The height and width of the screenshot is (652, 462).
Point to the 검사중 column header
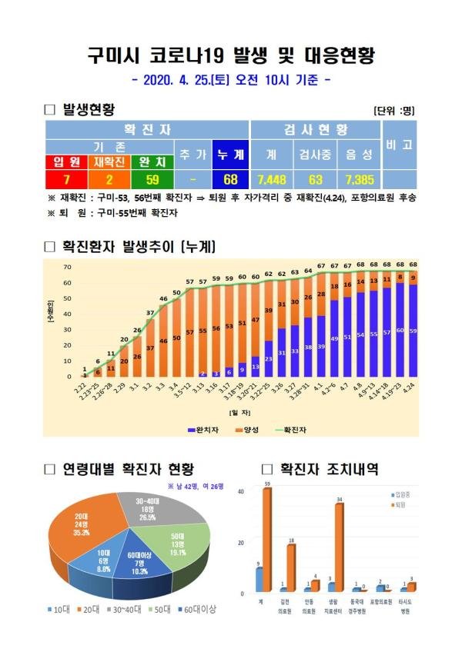click(315, 155)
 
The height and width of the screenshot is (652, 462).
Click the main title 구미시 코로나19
click(231, 55)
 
